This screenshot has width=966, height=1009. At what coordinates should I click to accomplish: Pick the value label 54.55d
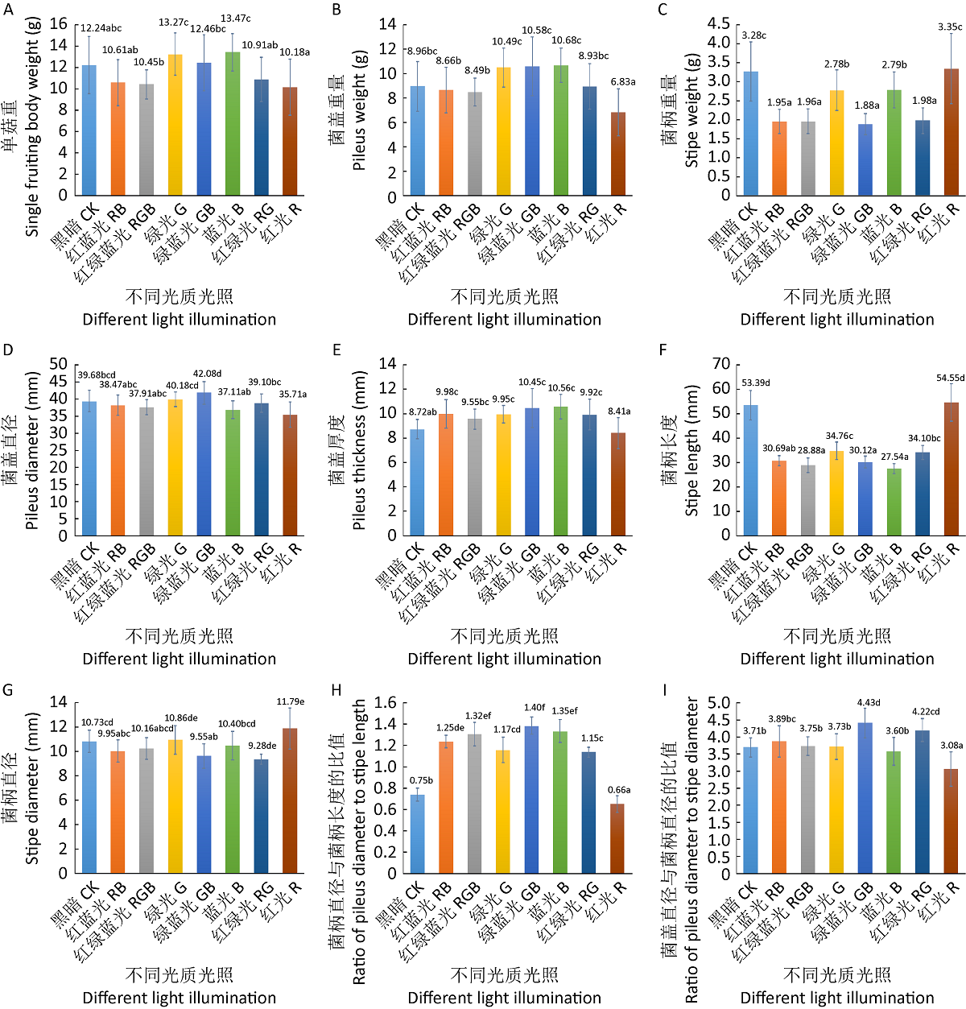coord(950,378)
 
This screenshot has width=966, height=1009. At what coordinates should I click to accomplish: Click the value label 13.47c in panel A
coord(236,19)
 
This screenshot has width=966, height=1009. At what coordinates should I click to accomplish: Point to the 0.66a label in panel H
coord(618,790)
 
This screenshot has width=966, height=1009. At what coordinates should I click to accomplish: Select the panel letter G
coord(8,689)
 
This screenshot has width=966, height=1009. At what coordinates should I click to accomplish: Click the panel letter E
coord(336,349)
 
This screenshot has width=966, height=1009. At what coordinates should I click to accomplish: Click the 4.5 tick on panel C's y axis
coord(719,24)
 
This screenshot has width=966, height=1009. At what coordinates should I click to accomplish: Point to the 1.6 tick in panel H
coord(386,703)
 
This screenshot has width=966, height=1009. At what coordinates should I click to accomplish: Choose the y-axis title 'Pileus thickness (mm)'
coord(360,450)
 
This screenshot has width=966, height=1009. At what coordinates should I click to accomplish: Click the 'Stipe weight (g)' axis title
coord(691,110)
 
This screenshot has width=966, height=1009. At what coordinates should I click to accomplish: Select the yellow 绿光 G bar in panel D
coord(175,467)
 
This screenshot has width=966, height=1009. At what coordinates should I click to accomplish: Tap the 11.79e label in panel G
coord(291,701)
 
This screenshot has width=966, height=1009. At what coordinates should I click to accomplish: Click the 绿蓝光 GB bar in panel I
coord(865,798)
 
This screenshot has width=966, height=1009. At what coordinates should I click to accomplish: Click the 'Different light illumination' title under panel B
coord(504,320)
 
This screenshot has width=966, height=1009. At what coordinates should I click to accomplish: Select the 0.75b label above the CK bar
coord(421,780)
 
